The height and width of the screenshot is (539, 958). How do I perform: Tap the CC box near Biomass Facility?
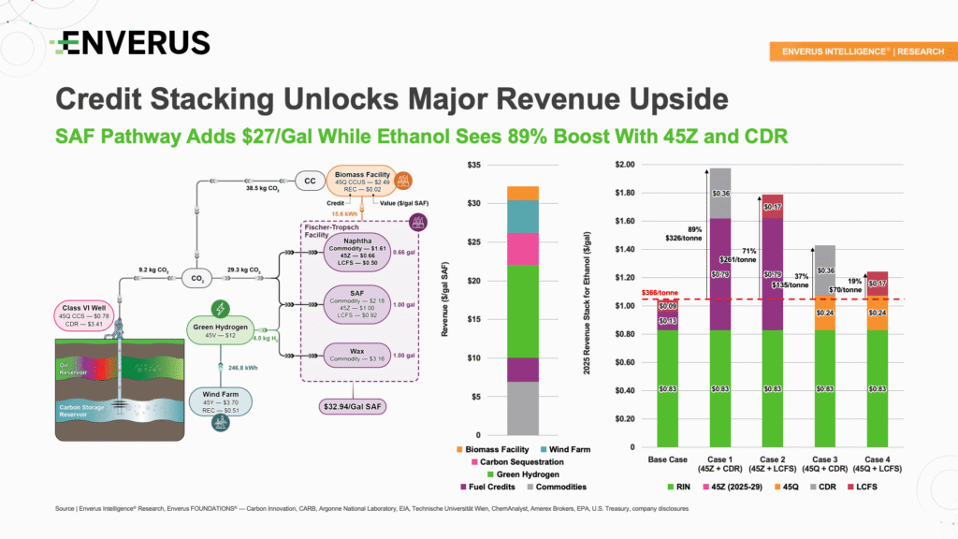tap(309, 178)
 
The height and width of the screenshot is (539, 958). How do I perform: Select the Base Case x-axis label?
tap(668, 459)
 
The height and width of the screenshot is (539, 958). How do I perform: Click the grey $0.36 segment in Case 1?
tap(719, 194)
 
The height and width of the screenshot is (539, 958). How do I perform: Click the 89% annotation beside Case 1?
tap(694, 230)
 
